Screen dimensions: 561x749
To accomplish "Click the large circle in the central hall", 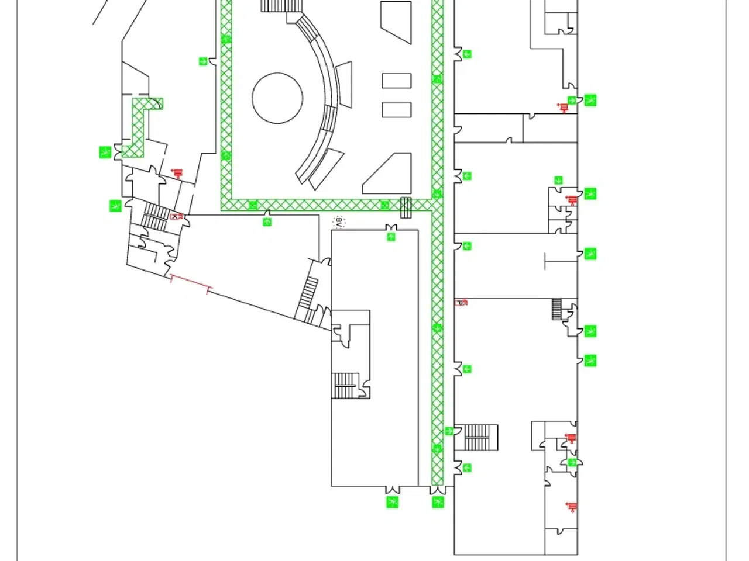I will (277, 98).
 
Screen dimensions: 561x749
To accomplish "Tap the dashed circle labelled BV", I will (338, 222).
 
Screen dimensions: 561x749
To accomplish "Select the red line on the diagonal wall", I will (190, 284).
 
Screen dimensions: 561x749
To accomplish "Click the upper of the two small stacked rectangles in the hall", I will (396, 81).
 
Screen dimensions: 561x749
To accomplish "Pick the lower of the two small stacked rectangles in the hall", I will (396, 109).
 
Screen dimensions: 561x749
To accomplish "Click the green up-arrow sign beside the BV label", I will (267, 221).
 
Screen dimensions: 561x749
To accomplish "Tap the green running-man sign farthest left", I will (105, 153).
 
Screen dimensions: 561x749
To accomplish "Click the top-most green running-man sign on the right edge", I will (590, 100).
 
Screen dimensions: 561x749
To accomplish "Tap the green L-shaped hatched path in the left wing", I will (140, 126).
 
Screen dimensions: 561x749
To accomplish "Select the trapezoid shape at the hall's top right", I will (396, 22).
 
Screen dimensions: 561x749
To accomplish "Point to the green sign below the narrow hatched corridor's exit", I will (438, 502).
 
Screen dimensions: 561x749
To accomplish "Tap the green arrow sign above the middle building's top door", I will (391, 237).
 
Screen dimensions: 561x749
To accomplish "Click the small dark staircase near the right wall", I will (556, 309).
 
